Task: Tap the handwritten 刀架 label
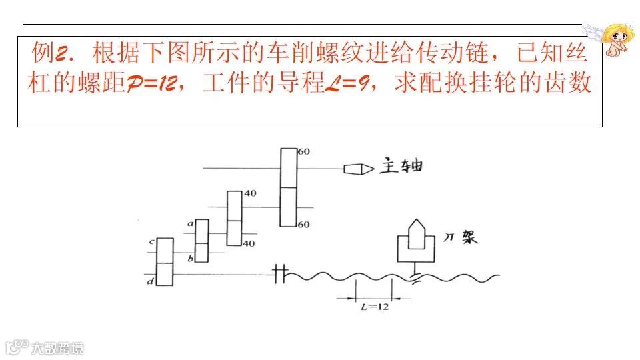pos(461,237)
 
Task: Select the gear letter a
pos(190,224)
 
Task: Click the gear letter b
pos(190,258)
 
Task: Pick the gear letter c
pos(153,241)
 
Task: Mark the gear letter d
pos(151,281)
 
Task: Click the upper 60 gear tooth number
pos(304,152)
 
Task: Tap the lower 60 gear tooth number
pos(304,225)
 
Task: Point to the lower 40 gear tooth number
pos(248,243)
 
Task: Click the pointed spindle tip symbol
pos(358,169)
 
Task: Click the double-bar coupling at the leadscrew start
pos(280,273)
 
